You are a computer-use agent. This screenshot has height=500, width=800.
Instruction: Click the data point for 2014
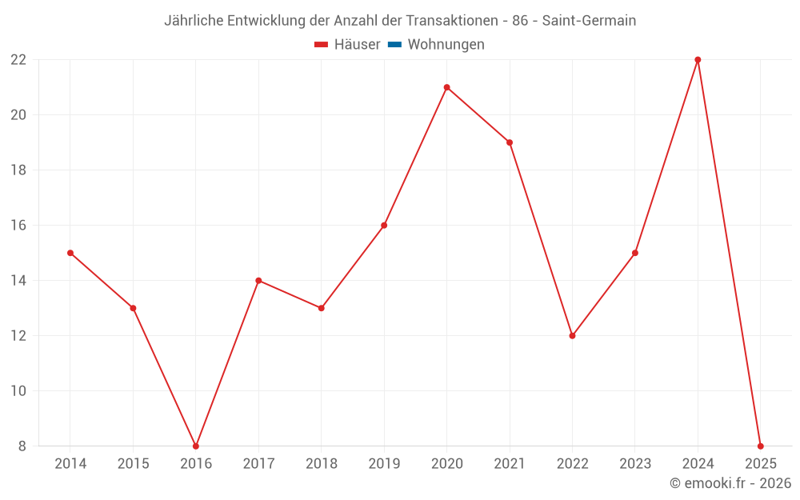click(70, 253)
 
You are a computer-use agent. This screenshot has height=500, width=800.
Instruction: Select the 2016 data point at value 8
click(196, 446)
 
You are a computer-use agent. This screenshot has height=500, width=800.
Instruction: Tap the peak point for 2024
click(698, 60)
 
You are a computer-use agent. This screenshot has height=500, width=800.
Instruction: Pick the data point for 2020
click(446, 87)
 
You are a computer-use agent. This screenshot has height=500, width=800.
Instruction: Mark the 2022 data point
click(572, 336)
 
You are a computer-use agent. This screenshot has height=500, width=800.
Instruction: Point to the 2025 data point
click(760, 446)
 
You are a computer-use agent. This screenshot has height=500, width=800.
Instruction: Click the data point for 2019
click(384, 226)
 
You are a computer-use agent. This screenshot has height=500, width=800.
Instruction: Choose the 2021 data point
click(510, 142)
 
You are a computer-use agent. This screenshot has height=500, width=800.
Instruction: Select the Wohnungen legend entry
click(446, 45)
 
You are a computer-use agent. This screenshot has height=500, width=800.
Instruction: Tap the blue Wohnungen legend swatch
click(394, 45)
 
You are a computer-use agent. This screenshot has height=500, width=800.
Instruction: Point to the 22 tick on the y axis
click(18, 60)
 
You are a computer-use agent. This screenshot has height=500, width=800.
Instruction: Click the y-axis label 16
click(18, 226)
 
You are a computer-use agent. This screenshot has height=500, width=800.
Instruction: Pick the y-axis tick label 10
click(18, 391)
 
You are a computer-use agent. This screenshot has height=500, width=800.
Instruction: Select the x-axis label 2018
click(322, 464)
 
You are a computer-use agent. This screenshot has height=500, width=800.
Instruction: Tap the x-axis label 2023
click(635, 464)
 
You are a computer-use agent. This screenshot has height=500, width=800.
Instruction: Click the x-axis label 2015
click(133, 464)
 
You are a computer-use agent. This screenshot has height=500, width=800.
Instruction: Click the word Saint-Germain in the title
click(589, 21)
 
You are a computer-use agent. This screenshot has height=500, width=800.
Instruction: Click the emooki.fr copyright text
click(730, 483)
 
